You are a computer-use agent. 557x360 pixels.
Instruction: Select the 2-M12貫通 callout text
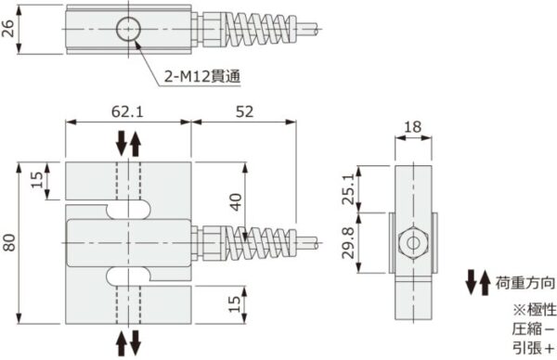click(x=201, y=78)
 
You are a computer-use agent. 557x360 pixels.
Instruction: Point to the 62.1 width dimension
click(x=127, y=111)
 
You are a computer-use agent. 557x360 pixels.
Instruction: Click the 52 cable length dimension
click(x=245, y=111)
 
